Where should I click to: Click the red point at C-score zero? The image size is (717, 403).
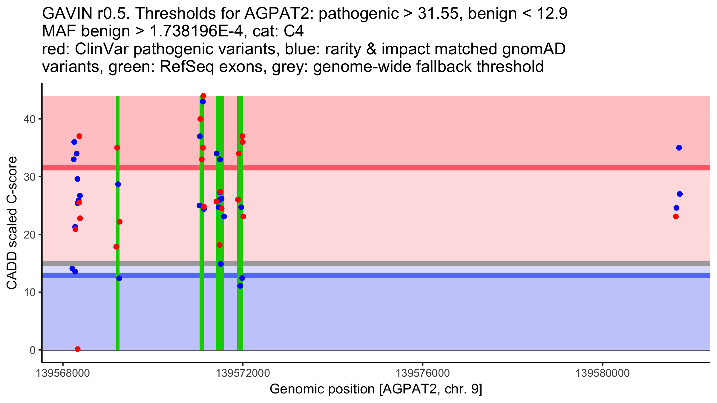point(78,349)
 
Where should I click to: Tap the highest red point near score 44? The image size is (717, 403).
point(203,96)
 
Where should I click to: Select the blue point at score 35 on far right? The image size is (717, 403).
point(679,148)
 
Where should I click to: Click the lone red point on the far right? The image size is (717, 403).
point(676,216)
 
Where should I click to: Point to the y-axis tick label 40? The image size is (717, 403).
point(29,119)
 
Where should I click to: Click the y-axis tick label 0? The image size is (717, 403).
point(32,350)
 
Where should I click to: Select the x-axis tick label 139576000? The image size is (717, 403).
point(423,373)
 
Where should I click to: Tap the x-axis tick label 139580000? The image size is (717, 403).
point(603,373)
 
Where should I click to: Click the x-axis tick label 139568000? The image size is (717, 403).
point(63,373)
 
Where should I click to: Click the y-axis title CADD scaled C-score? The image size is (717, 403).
point(12,223)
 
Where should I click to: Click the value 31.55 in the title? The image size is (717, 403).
point(438,14)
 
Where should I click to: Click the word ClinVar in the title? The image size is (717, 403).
point(102,49)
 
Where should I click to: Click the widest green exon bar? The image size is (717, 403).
point(220,299)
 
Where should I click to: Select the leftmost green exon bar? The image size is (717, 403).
point(118,299)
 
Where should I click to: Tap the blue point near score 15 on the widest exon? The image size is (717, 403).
point(221,264)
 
